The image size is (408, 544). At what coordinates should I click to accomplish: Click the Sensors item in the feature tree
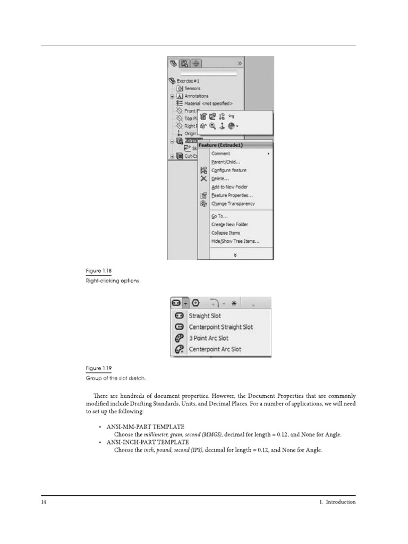[x=192, y=88]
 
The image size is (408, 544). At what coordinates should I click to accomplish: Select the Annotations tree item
[x=196, y=96]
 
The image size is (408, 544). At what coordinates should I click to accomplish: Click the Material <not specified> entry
[x=208, y=104]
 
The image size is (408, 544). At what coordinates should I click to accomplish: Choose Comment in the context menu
[x=221, y=154]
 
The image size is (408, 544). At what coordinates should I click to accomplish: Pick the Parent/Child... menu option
[x=226, y=162]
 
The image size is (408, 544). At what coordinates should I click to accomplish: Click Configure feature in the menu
[x=229, y=171]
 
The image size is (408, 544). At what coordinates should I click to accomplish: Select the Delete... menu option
[x=220, y=178]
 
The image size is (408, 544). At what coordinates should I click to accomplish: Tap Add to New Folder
[x=229, y=187]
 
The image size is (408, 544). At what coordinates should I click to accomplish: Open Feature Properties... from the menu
[x=232, y=195]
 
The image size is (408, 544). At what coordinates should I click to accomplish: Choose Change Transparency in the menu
[x=233, y=203]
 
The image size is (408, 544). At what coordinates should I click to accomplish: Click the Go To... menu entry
[x=219, y=216]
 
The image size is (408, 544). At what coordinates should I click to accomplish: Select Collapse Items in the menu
[x=226, y=233]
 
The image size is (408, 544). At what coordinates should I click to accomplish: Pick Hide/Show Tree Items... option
[x=235, y=241]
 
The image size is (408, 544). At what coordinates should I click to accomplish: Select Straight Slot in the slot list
[x=205, y=316]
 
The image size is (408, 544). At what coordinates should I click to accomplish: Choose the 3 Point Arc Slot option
[x=208, y=338]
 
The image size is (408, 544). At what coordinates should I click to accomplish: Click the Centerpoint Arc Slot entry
[x=215, y=349]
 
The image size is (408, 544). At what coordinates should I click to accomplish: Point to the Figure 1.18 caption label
[x=98, y=271]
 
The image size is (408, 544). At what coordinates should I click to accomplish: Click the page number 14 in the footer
[x=44, y=502]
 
